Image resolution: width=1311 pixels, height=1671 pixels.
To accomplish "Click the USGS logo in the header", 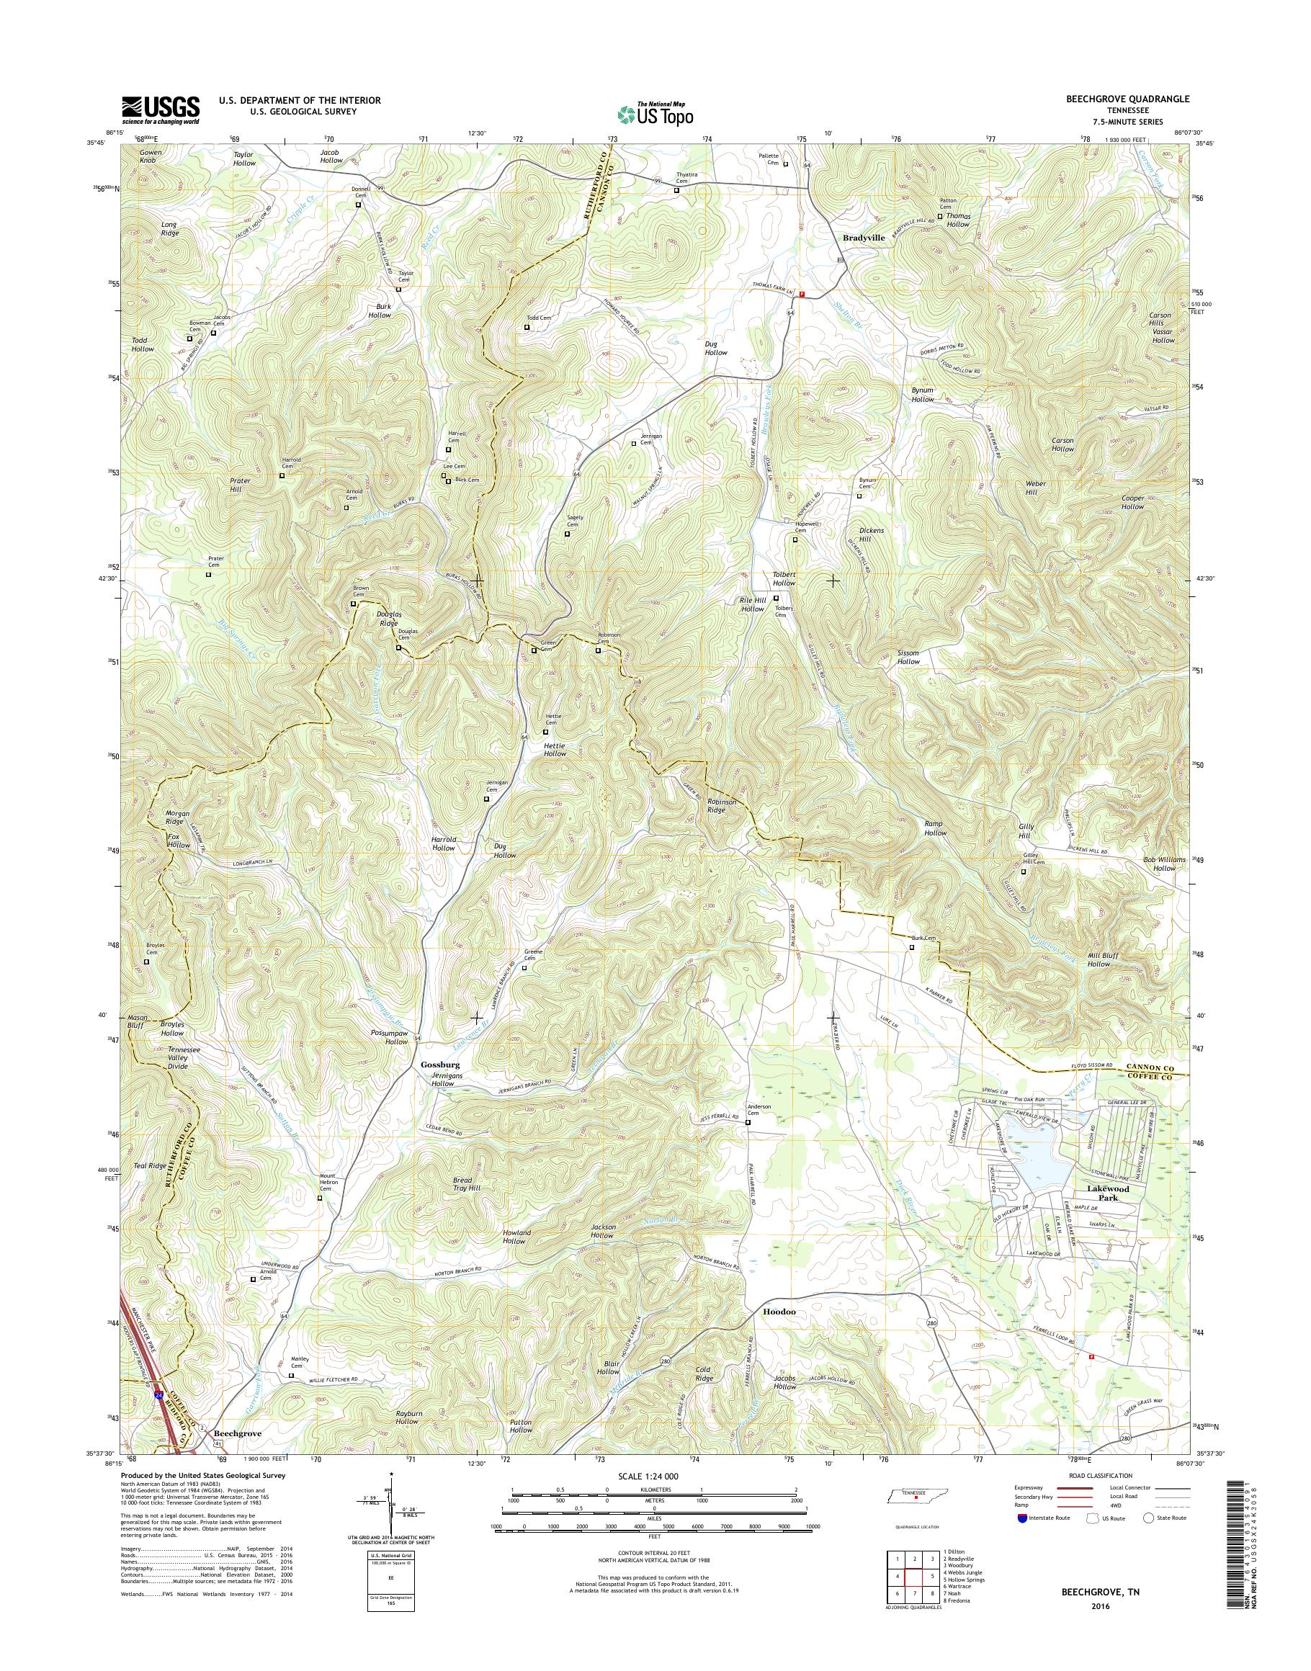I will point(160,109).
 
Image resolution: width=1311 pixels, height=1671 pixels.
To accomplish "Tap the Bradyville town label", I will point(864,238).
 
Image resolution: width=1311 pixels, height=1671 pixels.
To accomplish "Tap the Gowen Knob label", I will point(151,156).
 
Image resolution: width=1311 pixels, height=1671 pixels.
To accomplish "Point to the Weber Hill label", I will point(1031,488).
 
